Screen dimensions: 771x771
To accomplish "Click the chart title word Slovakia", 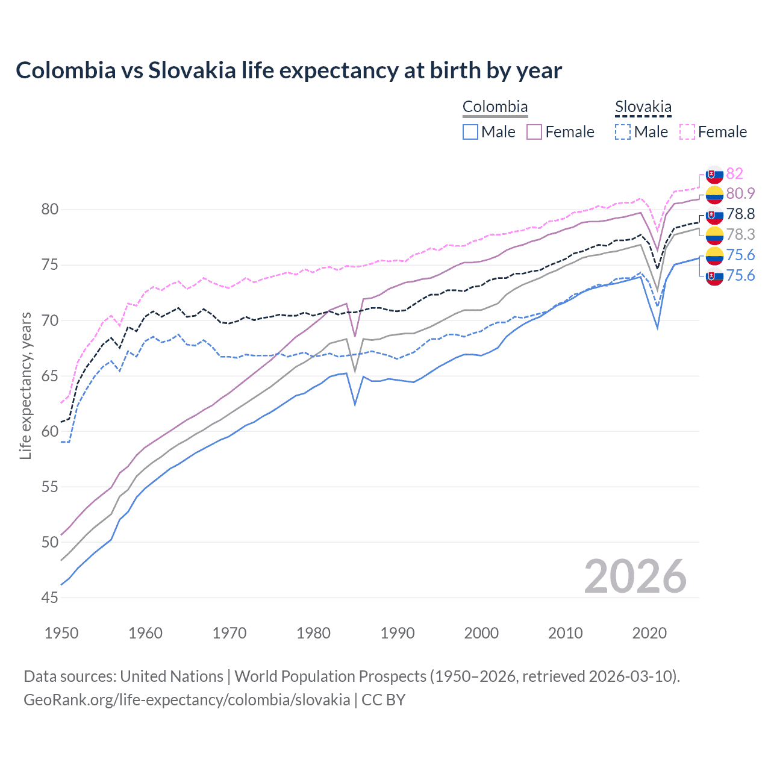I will click(192, 70).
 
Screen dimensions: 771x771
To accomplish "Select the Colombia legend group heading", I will click(495, 107).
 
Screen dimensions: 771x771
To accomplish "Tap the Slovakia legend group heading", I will click(643, 107).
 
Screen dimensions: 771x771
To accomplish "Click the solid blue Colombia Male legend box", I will click(470, 132).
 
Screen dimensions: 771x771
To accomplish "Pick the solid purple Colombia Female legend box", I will click(534, 132).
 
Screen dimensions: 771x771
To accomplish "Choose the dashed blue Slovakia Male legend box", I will click(623, 132).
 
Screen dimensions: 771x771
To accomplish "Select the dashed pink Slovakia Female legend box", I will click(687, 132).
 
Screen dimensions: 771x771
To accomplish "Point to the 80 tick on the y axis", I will click(50, 210).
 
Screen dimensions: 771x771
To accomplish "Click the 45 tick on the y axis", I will click(50, 598).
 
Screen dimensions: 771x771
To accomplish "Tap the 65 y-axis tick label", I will click(50, 376).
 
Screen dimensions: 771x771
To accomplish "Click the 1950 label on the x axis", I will click(61, 633).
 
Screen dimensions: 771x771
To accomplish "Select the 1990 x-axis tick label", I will click(398, 633).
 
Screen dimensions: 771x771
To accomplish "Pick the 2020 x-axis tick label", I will click(649, 633).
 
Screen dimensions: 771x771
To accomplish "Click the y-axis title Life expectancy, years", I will click(25, 385).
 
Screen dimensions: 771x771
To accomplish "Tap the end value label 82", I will click(734, 173).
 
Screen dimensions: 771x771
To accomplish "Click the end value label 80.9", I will click(740, 193).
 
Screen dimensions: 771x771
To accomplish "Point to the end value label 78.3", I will click(740, 234).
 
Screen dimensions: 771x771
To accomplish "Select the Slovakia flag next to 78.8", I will click(714, 214).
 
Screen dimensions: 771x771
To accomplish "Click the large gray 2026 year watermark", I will click(635, 576).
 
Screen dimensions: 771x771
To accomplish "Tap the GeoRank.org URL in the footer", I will click(187, 700).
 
